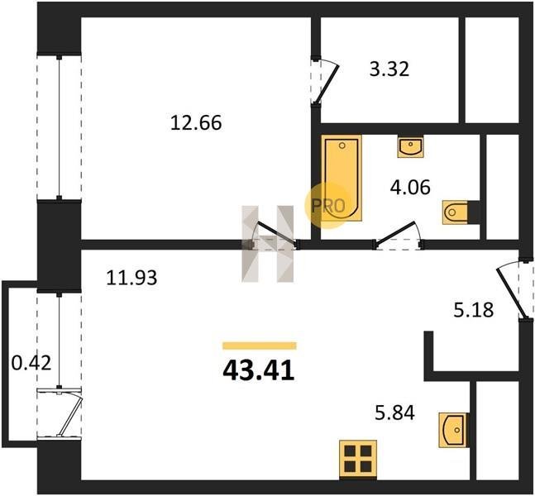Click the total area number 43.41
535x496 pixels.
tap(258, 371)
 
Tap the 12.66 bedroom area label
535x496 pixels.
tap(196, 123)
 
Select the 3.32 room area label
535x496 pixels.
tap(389, 69)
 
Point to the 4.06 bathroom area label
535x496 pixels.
tap(410, 188)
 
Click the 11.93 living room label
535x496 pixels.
tap(131, 277)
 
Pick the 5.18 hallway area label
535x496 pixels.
tap(474, 310)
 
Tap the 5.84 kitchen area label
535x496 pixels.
tap(394, 413)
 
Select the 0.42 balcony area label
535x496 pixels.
tap(31, 363)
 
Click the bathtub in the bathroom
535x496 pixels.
tap(342, 178)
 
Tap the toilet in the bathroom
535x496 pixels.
tap(461, 212)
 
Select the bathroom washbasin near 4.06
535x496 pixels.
tap(410, 147)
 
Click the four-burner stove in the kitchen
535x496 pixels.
tap(358, 459)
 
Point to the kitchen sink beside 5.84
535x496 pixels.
tap(453, 430)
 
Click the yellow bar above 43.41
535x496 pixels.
tap(260, 346)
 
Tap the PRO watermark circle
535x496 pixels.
tap(327, 205)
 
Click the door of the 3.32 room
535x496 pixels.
tap(326, 83)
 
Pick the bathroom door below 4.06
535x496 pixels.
tap(397, 234)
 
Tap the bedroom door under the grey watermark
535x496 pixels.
tap(277, 233)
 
